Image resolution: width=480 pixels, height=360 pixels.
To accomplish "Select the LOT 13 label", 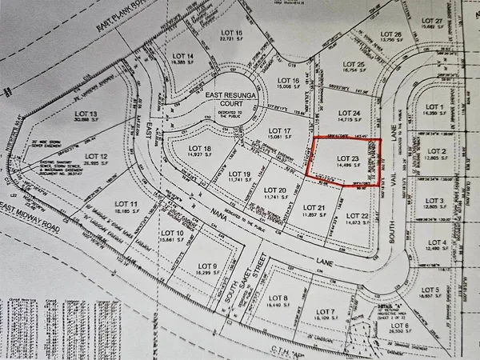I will (66, 114).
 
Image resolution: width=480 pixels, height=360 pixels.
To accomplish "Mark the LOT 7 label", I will (326, 312).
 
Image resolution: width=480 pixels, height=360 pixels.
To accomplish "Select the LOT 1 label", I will (435, 107).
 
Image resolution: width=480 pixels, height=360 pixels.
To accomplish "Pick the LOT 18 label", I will (200, 150).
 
